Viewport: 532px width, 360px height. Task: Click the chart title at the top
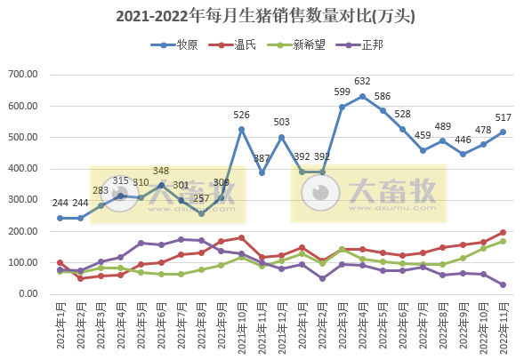click(265, 16)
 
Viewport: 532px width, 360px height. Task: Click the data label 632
click(362, 82)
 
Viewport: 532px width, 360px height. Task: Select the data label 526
click(241, 115)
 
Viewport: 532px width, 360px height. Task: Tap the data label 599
click(342, 92)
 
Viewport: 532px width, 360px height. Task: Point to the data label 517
click(503, 117)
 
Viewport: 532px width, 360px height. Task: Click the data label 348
click(161, 171)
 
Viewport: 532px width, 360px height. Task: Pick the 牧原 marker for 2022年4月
click(362, 96)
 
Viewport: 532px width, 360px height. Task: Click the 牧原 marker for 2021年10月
click(241, 130)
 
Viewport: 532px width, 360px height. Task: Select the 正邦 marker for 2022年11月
click(503, 285)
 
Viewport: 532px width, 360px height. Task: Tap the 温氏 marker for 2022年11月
click(503, 233)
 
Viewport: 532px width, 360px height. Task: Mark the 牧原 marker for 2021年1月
click(60, 218)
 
